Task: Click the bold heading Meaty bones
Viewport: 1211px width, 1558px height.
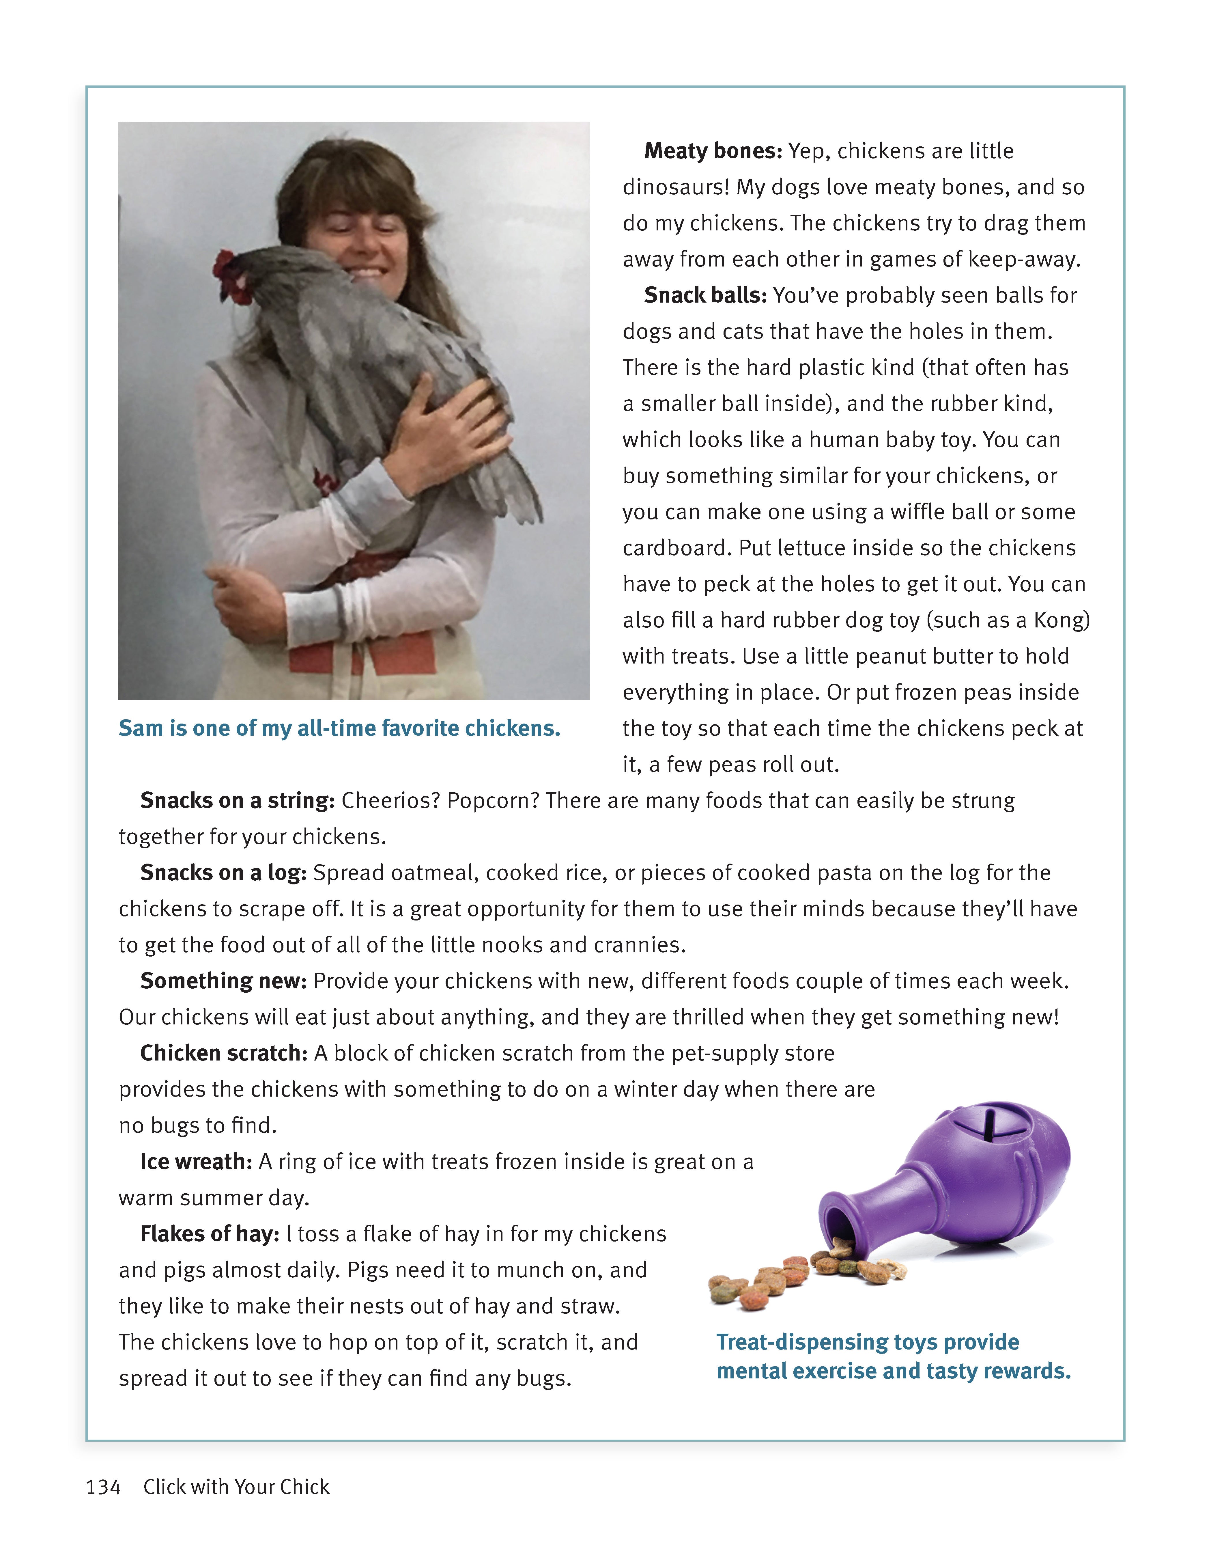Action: point(713,151)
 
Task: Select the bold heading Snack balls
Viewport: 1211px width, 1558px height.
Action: point(704,295)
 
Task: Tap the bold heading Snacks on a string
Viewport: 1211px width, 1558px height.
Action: point(237,800)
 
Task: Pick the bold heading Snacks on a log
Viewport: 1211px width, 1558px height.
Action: point(223,873)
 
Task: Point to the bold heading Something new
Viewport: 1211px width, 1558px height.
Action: point(223,981)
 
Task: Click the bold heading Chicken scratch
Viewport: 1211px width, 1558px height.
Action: point(223,1053)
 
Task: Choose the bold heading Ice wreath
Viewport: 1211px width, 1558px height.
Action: point(195,1161)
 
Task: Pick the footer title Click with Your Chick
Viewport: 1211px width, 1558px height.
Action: point(236,1487)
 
